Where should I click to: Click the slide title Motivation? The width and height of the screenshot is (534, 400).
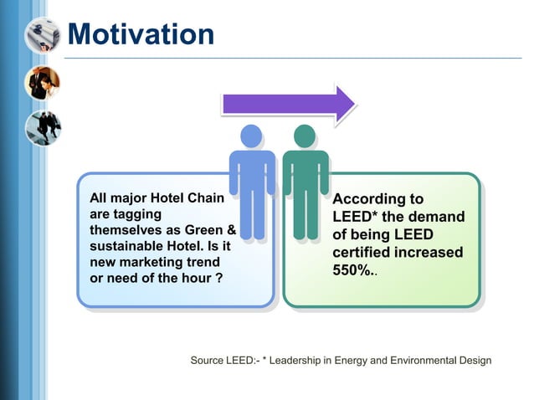[140, 33]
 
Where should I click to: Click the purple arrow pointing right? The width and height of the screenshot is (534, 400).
[287, 104]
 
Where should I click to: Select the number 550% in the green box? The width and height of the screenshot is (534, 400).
[353, 271]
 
